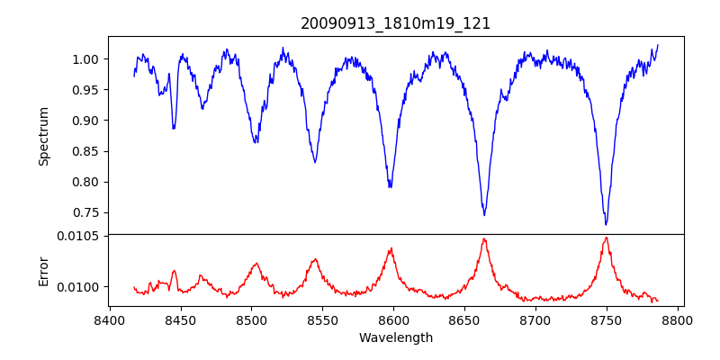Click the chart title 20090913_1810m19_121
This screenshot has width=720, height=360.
pyautogui.click(x=395, y=23)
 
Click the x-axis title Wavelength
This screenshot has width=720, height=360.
pyautogui.click(x=395, y=338)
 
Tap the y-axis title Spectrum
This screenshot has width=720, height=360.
pyautogui.click(x=43, y=136)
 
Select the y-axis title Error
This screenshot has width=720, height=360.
pyautogui.click(x=43, y=270)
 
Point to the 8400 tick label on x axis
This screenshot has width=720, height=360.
pyautogui.click(x=109, y=320)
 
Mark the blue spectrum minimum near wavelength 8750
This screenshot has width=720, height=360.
pyautogui.click(x=606, y=224)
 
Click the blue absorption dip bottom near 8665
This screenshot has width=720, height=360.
pyautogui.click(x=484, y=215)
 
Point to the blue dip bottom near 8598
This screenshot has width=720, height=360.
pyautogui.click(x=390, y=187)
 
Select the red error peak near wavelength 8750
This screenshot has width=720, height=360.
pyautogui.click(x=606, y=238)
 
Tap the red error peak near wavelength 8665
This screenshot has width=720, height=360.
pyautogui.click(x=484, y=238)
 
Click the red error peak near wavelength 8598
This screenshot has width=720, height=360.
pyautogui.click(x=391, y=248)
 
